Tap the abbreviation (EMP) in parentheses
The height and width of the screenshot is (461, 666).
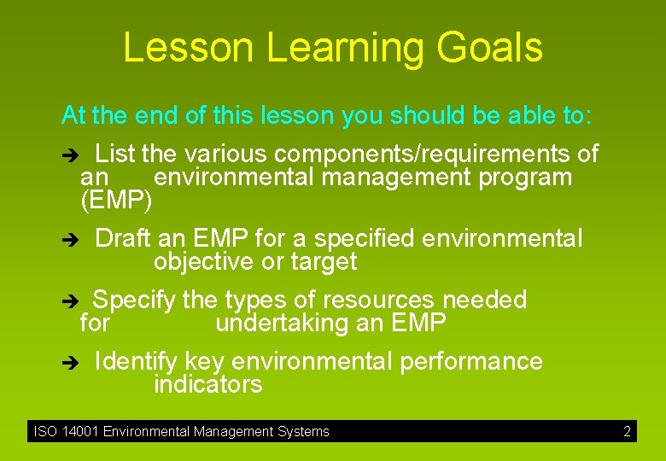pyautogui.click(x=116, y=201)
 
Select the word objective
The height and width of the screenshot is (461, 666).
pyautogui.click(x=204, y=262)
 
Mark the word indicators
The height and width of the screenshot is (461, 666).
pyautogui.click(x=207, y=385)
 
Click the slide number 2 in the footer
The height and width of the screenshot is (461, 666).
pyautogui.click(x=627, y=432)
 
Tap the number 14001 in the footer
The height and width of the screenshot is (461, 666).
pyautogui.click(x=79, y=432)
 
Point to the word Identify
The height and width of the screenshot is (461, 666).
pyautogui.click(x=137, y=362)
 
